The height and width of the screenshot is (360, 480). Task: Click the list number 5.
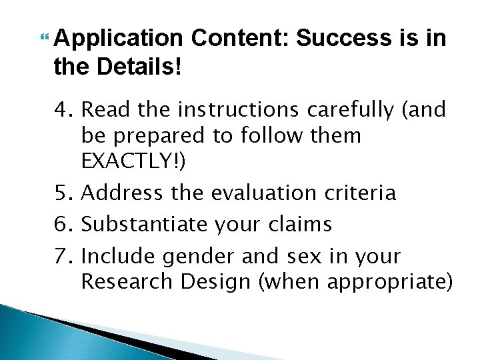[x=65, y=193]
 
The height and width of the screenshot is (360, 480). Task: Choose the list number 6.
[x=65, y=225]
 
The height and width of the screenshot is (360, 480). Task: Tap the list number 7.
[x=65, y=256]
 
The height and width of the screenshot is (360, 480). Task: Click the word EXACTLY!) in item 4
[x=133, y=162]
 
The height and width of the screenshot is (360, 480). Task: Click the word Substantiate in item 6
[x=143, y=225]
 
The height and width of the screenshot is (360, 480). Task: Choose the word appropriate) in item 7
[x=387, y=282]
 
